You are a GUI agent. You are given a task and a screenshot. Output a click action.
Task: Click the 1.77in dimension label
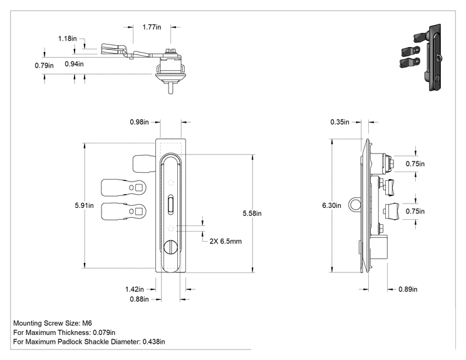pyautogui.click(x=152, y=27)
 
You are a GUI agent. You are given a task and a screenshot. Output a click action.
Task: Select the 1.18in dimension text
pyautogui.click(x=68, y=38)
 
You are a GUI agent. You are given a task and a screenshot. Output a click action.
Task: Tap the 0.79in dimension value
pyautogui.click(x=44, y=65)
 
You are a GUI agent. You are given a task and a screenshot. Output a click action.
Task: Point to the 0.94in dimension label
pyautogui.click(x=74, y=64)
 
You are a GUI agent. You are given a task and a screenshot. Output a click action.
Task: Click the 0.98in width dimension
pyautogui.click(x=139, y=122)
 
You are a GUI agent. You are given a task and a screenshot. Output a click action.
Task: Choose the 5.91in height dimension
pyautogui.click(x=84, y=205)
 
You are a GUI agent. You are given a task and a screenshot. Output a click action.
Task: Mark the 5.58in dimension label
pyautogui.click(x=252, y=213)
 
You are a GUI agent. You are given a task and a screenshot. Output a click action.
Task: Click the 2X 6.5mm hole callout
pyautogui.click(x=225, y=241)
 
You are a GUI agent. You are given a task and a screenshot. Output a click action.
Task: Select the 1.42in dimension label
pyautogui.click(x=134, y=289)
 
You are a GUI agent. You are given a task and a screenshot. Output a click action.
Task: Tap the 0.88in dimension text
pyautogui.click(x=139, y=299)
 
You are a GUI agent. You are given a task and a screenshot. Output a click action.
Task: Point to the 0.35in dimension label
pyautogui.click(x=339, y=122)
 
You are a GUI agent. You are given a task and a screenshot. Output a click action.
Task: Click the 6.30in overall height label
pyautogui.click(x=332, y=205)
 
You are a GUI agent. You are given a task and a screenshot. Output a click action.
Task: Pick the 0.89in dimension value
pyautogui.click(x=408, y=289)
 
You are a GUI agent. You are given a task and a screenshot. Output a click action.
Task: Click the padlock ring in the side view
pyautogui.click(x=349, y=205)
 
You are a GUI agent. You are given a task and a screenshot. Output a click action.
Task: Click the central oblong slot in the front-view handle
pyautogui.click(x=170, y=204)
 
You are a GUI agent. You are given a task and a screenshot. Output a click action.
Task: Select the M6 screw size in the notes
pyautogui.click(x=87, y=323)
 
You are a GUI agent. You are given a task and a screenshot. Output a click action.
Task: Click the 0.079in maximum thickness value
pyautogui.click(x=104, y=332)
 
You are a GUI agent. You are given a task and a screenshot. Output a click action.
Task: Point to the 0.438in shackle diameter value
pyautogui.click(x=153, y=342)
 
